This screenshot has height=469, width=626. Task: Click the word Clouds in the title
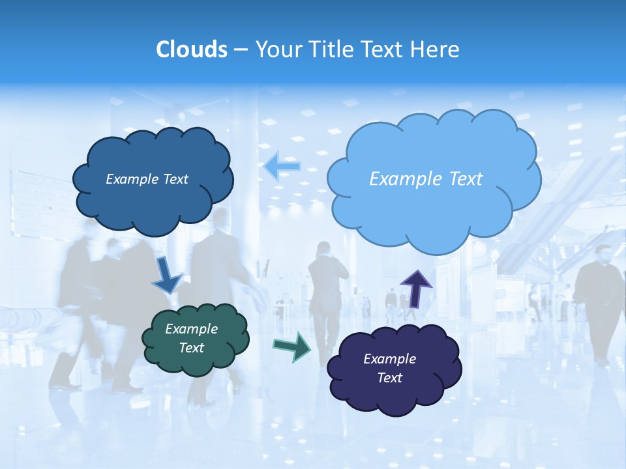(x=191, y=50)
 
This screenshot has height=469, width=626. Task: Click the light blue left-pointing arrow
(x=282, y=167)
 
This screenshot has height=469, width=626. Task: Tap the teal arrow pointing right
(x=292, y=346)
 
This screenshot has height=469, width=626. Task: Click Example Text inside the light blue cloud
(x=426, y=179)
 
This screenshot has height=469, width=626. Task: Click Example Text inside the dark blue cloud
(x=147, y=179)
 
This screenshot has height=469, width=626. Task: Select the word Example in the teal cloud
(x=191, y=329)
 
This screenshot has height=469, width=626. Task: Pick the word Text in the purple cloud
(x=389, y=378)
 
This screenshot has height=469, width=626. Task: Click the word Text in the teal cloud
(x=191, y=348)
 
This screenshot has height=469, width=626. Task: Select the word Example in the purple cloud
(x=389, y=359)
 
